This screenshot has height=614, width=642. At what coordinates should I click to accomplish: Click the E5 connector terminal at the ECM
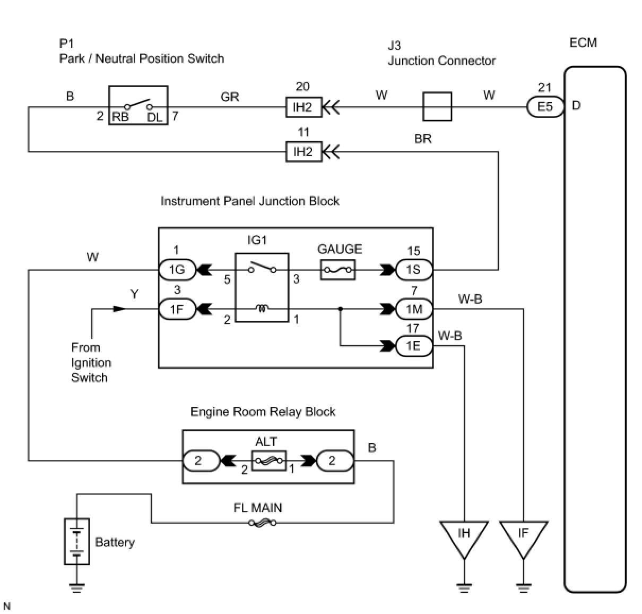click(545, 107)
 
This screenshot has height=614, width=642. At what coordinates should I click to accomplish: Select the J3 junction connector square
click(437, 107)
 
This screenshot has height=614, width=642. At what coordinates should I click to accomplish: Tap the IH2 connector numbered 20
click(303, 107)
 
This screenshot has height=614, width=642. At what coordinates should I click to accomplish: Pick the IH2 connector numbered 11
click(303, 152)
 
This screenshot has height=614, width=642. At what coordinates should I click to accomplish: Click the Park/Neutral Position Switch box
click(138, 106)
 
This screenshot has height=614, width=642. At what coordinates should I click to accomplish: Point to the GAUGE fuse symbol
click(338, 270)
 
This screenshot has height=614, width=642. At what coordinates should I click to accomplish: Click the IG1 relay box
click(262, 287)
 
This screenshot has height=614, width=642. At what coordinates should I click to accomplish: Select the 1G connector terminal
click(177, 270)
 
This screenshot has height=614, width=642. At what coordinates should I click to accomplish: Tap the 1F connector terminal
click(177, 309)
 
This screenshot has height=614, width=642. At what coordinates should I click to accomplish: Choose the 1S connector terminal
click(414, 270)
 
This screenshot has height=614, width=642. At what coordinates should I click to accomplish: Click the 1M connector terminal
click(414, 309)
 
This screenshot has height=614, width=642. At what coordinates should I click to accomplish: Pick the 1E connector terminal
click(414, 346)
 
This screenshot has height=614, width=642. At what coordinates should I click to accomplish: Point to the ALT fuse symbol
click(268, 461)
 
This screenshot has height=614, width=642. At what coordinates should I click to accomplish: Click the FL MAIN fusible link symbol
click(262, 523)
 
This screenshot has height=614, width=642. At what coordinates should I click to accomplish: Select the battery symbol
click(77, 541)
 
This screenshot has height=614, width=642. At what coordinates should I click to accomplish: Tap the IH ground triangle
click(464, 536)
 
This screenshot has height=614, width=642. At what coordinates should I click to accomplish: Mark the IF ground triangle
click(523, 536)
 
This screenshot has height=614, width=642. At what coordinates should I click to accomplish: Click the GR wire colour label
click(230, 97)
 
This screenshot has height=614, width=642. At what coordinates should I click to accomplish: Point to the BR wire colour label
click(423, 139)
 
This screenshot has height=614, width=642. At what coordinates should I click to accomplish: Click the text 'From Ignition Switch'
click(91, 363)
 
